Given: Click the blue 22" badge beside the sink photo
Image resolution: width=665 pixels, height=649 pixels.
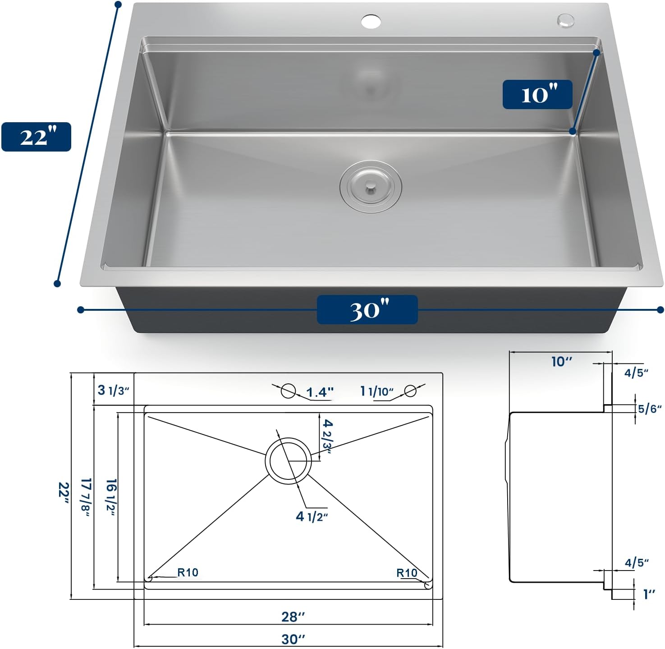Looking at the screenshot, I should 36,137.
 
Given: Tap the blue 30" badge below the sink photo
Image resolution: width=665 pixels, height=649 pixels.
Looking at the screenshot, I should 367,309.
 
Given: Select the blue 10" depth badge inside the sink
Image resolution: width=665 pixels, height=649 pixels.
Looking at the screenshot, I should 537,94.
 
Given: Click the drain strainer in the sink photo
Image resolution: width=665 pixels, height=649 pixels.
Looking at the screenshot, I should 371,186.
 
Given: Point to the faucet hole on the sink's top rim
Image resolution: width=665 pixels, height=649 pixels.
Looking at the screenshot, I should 371,21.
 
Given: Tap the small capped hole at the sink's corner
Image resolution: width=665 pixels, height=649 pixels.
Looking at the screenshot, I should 565,19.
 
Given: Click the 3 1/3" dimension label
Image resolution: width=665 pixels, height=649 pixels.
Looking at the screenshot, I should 114,390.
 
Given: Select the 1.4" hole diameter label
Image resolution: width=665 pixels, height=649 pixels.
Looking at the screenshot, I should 320,392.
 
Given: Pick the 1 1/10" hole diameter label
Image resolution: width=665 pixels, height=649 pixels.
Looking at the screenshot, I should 377,391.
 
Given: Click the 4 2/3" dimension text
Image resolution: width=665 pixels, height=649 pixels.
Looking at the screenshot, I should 327,437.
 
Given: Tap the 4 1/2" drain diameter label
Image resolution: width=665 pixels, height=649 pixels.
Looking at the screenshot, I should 312,516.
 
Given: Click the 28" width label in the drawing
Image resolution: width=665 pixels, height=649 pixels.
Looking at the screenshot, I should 293,617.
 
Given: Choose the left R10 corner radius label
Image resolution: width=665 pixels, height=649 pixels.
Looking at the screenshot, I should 188,572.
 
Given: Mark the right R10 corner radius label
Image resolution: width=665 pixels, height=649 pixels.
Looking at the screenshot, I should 407,573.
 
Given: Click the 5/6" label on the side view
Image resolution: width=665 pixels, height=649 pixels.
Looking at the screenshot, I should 650,409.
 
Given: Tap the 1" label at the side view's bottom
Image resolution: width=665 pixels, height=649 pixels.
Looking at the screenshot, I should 649,594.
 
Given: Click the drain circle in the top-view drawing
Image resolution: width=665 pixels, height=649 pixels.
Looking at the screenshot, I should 289,460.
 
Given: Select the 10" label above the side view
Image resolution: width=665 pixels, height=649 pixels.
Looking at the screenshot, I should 561,362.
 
